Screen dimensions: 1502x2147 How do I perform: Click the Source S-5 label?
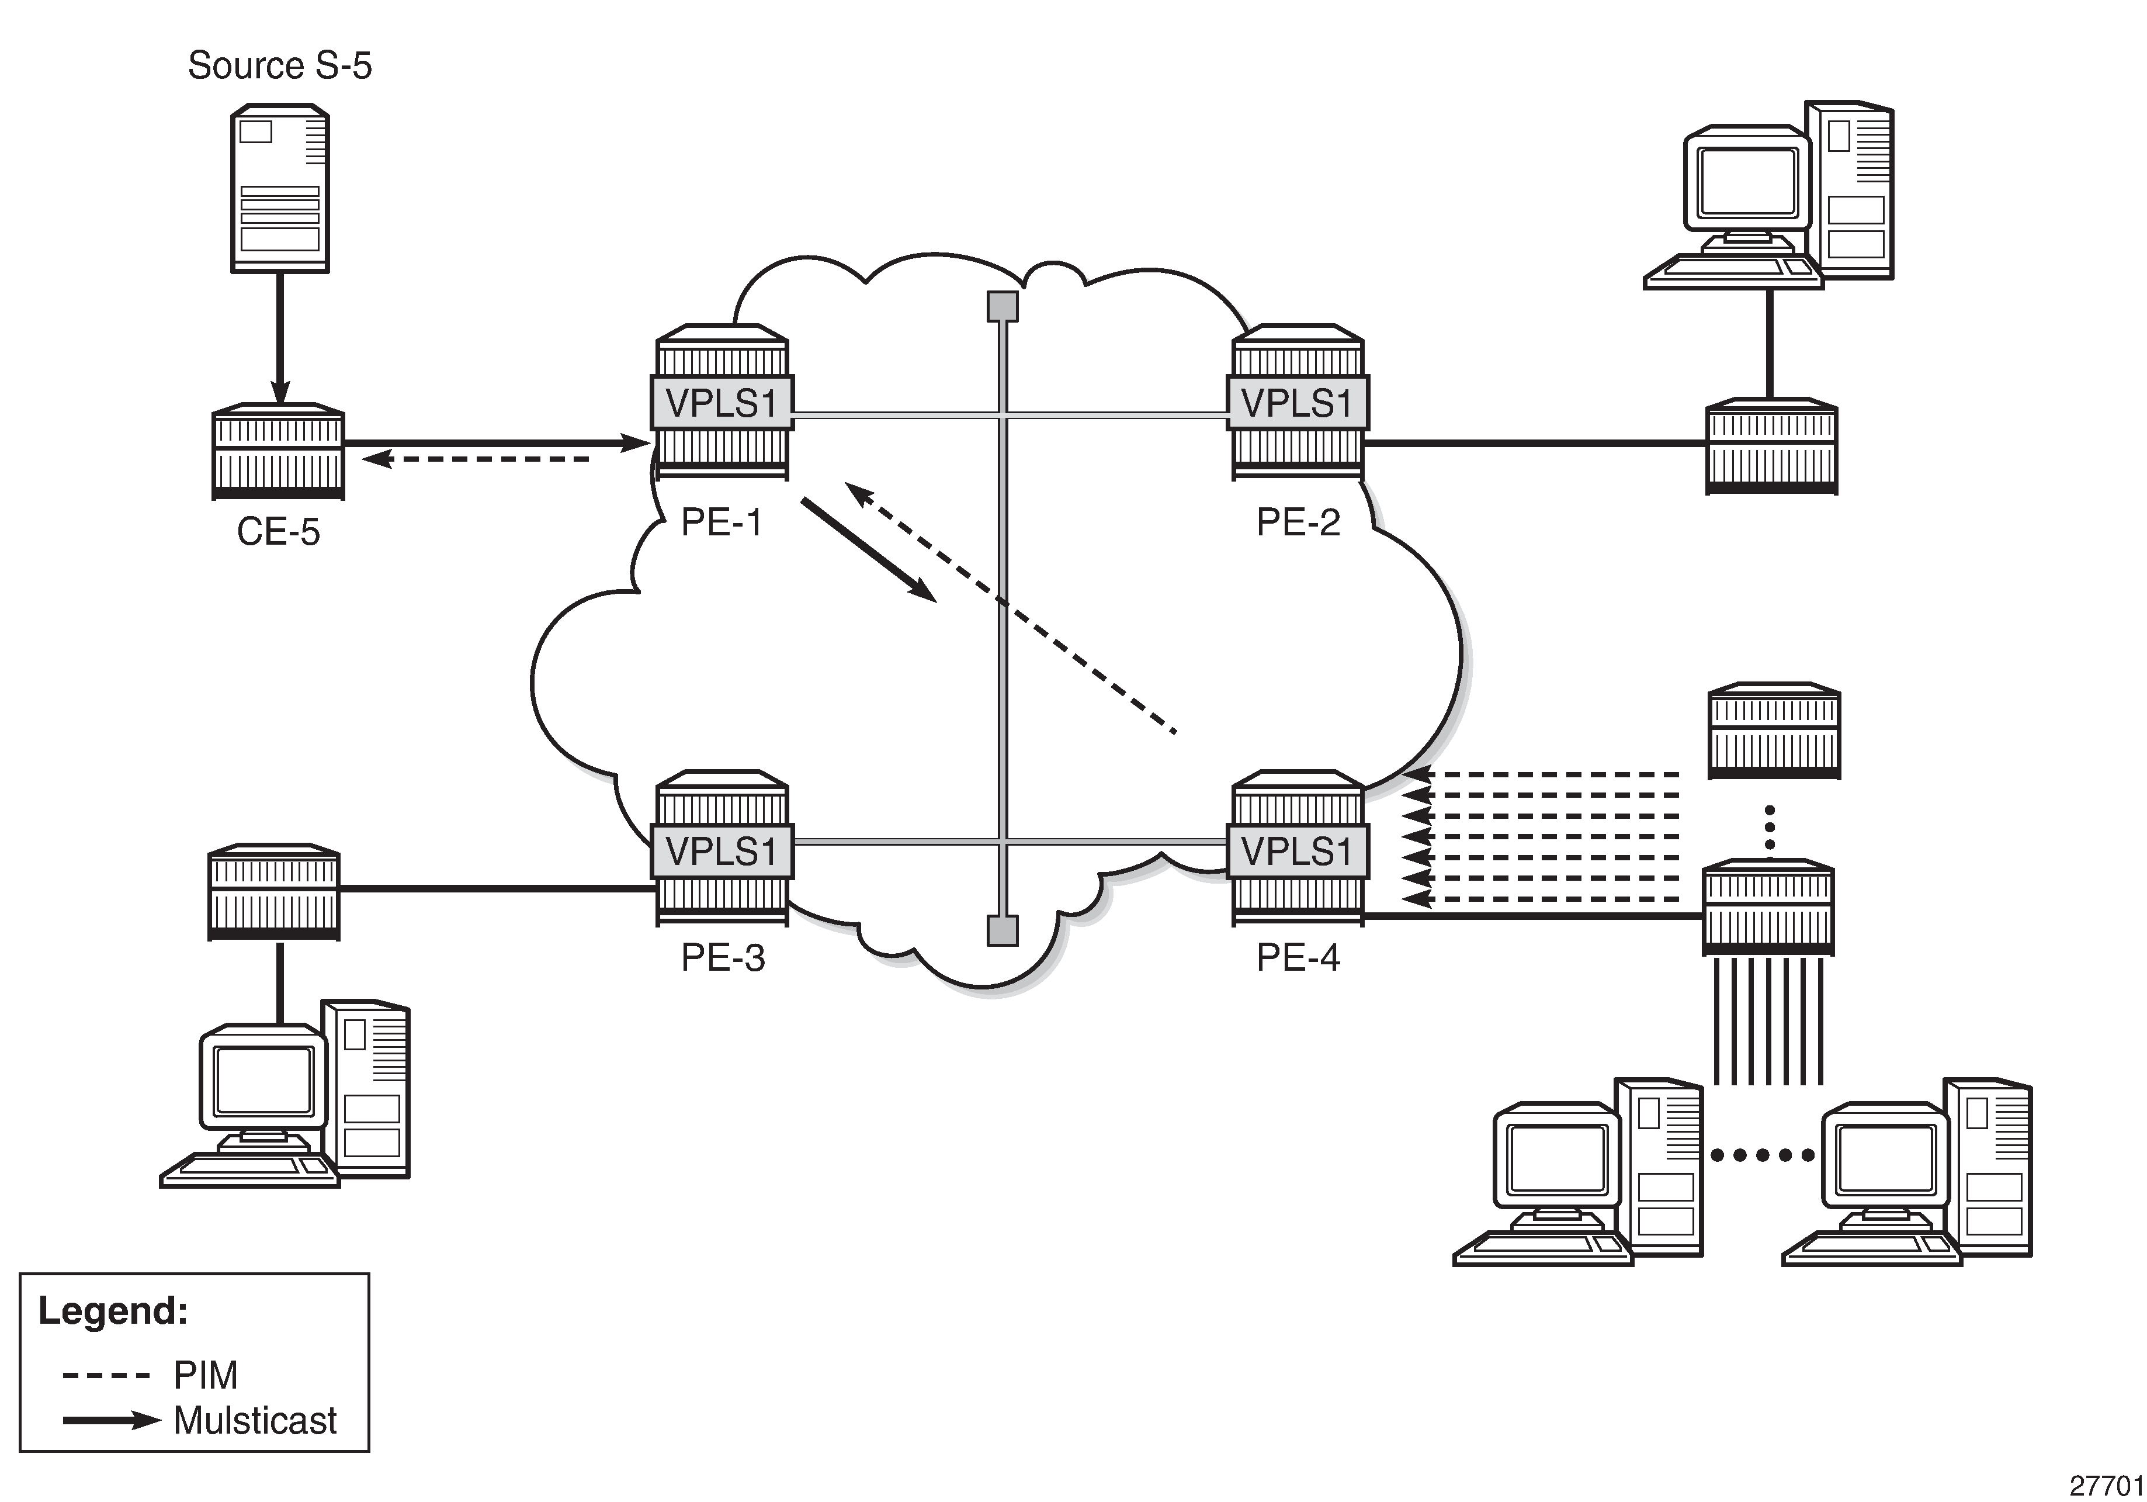point(280,65)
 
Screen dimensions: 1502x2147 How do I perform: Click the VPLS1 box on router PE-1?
point(721,403)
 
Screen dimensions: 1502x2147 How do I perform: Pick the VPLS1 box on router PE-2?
point(1297,403)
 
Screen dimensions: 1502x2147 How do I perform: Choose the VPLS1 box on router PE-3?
point(721,851)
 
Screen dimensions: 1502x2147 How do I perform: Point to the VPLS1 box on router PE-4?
point(1297,851)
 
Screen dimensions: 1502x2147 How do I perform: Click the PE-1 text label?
point(721,522)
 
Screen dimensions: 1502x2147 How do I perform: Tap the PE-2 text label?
point(1298,522)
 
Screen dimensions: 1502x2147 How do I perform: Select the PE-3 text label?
point(722,958)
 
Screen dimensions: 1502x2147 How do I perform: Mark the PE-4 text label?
point(1298,958)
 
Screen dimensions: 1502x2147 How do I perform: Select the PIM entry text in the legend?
point(206,1375)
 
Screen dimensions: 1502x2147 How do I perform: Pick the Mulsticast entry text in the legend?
point(254,1421)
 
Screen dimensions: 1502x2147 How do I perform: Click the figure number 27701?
point(2106,1485)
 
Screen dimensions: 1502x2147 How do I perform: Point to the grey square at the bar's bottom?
point(1003,930)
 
